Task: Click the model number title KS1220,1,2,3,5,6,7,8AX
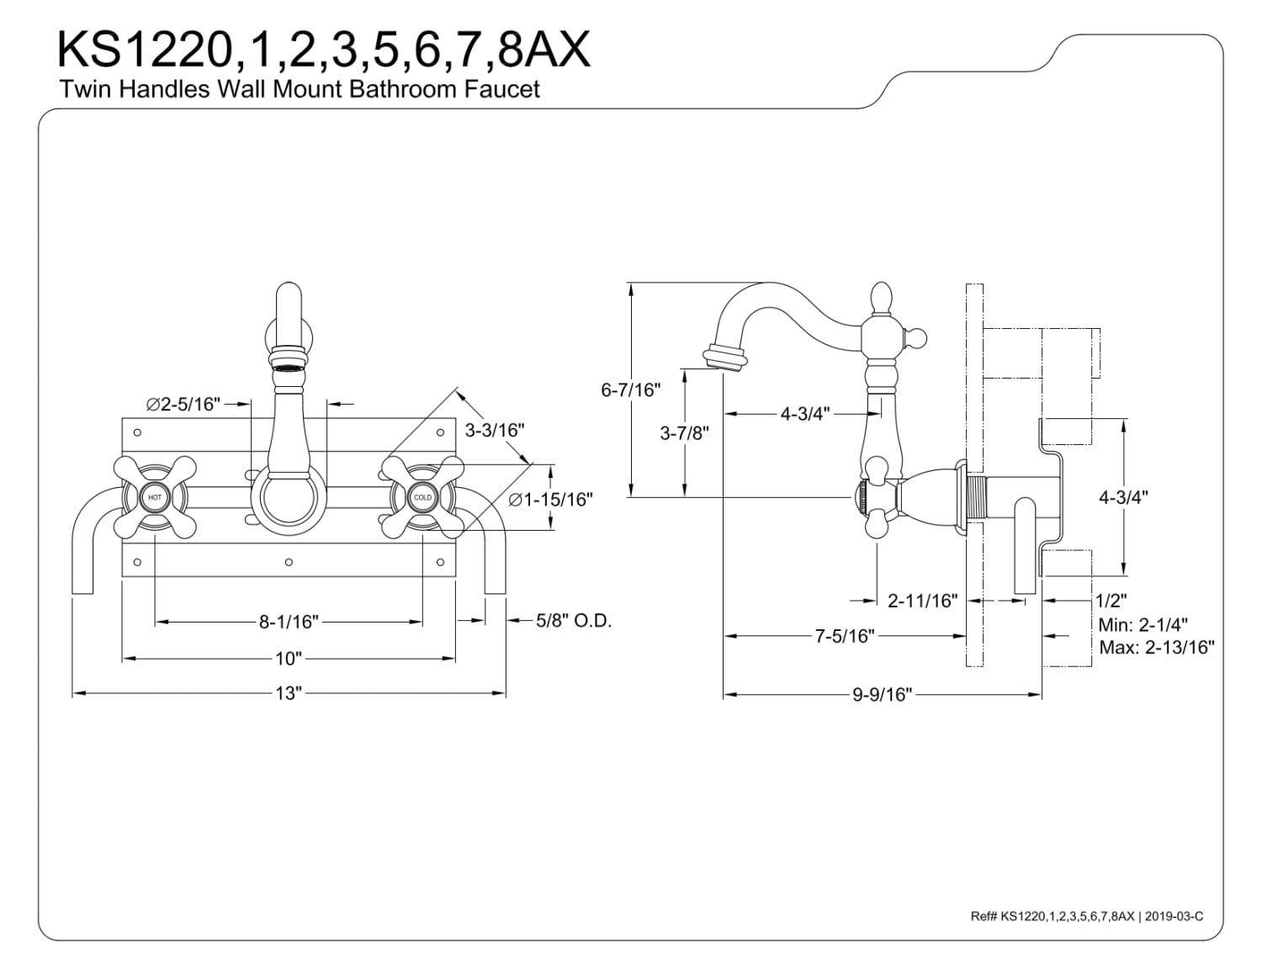pos(323,50)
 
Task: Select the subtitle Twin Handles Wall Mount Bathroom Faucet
pos(300,89)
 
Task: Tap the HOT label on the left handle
pos(155,498)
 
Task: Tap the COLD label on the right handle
pos(422,498)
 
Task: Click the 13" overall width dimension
pos(288,693)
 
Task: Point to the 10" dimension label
pos(288,658)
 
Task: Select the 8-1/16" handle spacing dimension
pos(289,622)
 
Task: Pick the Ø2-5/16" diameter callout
pos(183,405)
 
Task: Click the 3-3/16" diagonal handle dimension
pos(495,430)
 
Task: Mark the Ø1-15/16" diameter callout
pos(550,499)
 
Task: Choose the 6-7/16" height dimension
pos(631,390)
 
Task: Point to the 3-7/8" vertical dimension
pos(684,433)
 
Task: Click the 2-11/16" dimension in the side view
pos(923,601)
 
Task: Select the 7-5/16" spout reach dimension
pos(845,636)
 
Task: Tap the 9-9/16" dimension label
pos(882,694)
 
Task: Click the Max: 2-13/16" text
pos(1156,647)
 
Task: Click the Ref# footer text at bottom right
pos(1086,916)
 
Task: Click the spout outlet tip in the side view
pos(724,358)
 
